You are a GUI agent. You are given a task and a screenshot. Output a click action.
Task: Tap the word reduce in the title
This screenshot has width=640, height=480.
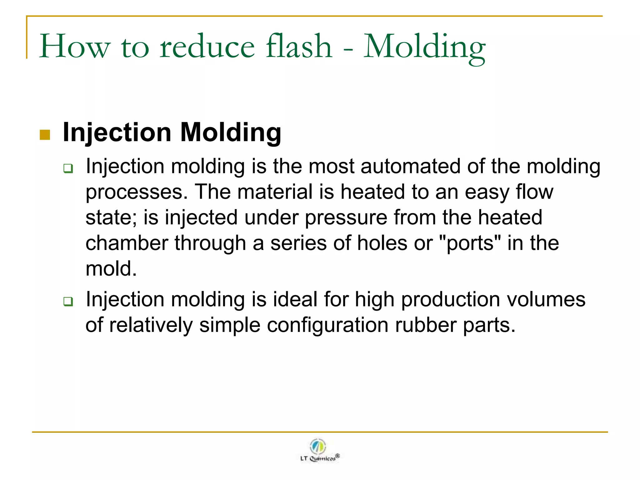tap(207, 47)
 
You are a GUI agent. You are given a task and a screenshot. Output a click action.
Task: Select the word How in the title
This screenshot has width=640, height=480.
tap(75, 47)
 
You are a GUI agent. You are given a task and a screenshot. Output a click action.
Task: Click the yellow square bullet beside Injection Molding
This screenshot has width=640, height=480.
tap(45, 135)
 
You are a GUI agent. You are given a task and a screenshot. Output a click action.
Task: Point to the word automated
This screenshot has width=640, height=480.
tap(410, 166)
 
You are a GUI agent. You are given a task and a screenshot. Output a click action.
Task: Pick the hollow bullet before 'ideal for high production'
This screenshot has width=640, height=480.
tap(68, 302)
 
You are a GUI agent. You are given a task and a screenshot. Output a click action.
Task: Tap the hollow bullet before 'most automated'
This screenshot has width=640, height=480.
tap(68, 168)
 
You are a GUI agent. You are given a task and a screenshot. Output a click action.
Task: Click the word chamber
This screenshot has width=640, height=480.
tap(127, 243)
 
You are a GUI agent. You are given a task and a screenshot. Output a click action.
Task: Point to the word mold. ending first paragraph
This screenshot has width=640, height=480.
tap(111, 269)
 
